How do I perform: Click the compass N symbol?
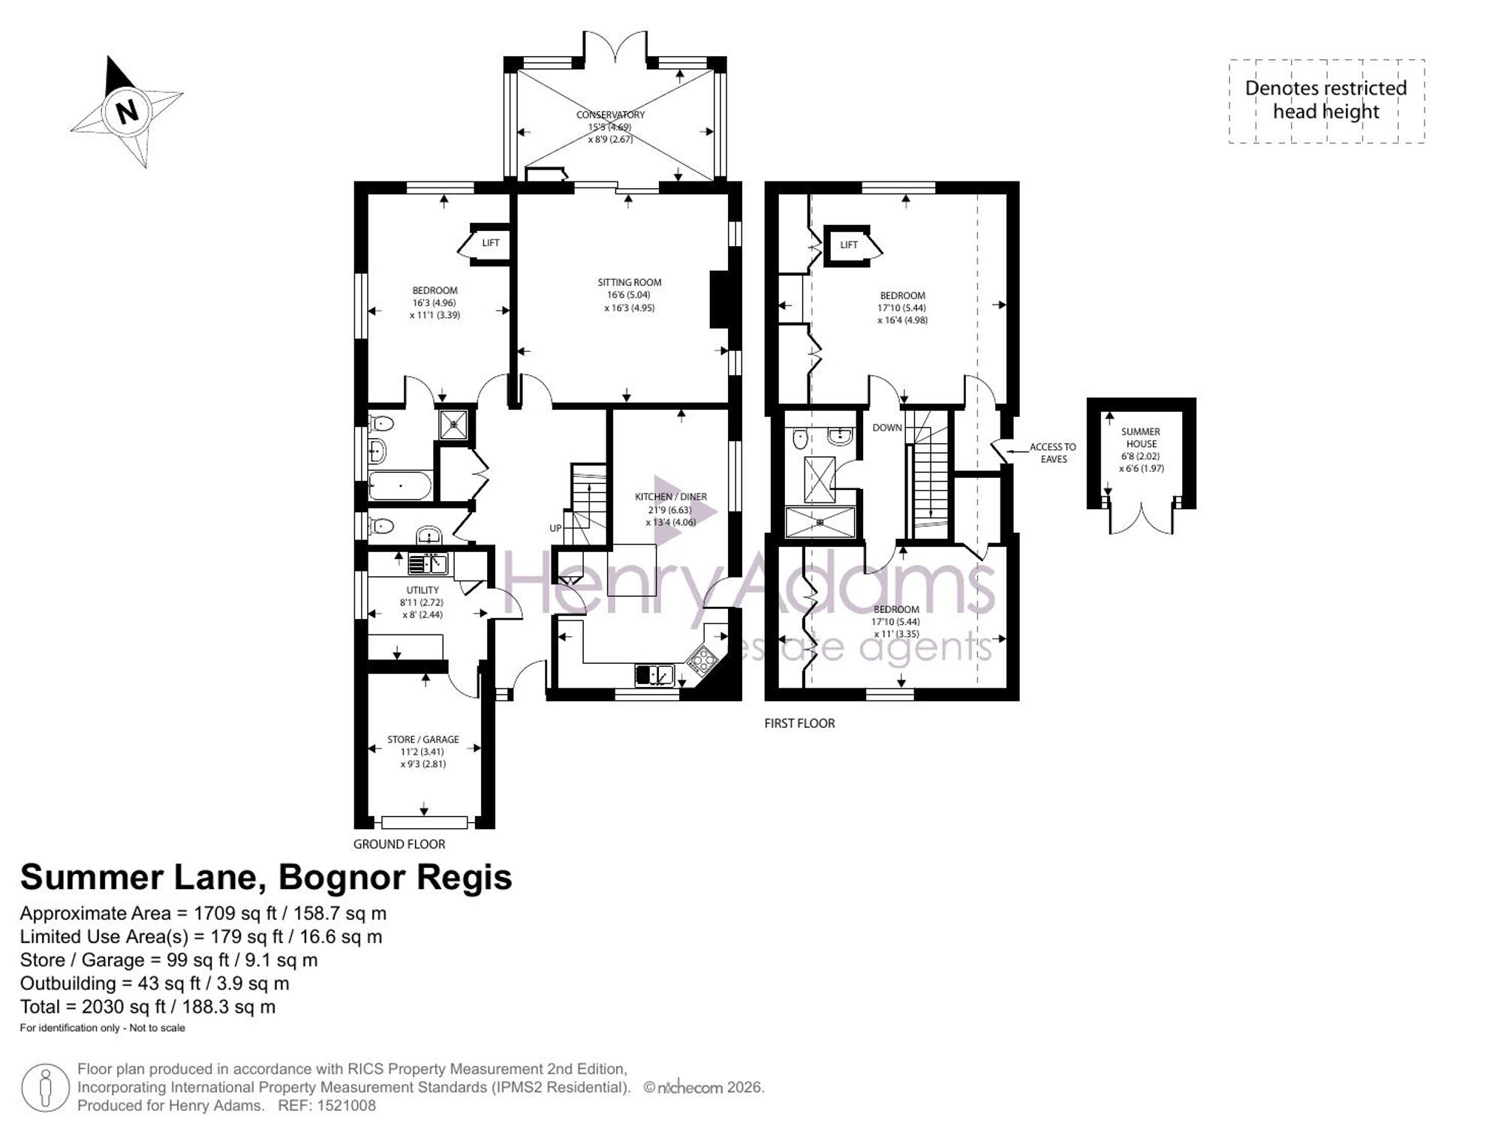(128, 112)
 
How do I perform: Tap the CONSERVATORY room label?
(610, 115)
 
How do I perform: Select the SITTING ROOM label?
(630, 283)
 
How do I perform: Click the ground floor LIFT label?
(491, 243)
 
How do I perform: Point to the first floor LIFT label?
(849, 245)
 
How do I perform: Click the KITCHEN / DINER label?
(671, 497)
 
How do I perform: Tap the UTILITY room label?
(423, 590)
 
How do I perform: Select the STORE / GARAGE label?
(423, 740)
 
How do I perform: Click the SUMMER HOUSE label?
(1141, 438)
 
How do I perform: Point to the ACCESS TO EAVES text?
(1053, 453)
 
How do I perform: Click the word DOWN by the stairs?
(887, 428)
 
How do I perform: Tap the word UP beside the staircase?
(555, 528)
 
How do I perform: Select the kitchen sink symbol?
(654, 675)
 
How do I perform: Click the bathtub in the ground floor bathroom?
(401, 486)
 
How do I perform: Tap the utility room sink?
(428, 563)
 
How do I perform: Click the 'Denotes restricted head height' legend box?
(1326, 101)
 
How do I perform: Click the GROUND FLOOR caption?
(399, 844)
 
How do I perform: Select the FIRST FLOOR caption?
(799, 723)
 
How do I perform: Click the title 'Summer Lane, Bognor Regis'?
(266, 877)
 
